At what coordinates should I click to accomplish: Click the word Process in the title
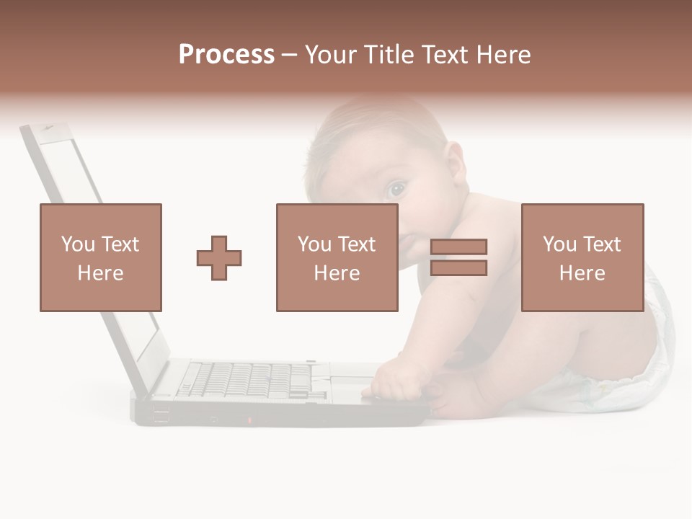coord(226,55)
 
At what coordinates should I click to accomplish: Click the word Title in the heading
coord(388,55)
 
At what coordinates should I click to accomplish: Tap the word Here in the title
coord(502,55)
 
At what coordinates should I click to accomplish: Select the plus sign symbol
coord(219,257)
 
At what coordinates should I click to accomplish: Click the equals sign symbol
coord(458,257)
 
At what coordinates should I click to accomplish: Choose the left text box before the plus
coord(100,257)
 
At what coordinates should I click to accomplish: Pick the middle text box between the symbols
coord(337,257)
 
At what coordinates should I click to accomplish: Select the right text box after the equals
coord(582,257)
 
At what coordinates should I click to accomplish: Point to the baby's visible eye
coord(396,190)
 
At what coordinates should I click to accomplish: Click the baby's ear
coord(455,161)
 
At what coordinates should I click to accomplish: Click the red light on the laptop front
coord(250,420)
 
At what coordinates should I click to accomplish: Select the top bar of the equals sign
coord(458,247)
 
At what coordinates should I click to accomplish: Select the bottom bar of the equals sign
coord(458,268)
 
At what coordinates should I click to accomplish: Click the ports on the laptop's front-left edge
coord(161,416)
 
